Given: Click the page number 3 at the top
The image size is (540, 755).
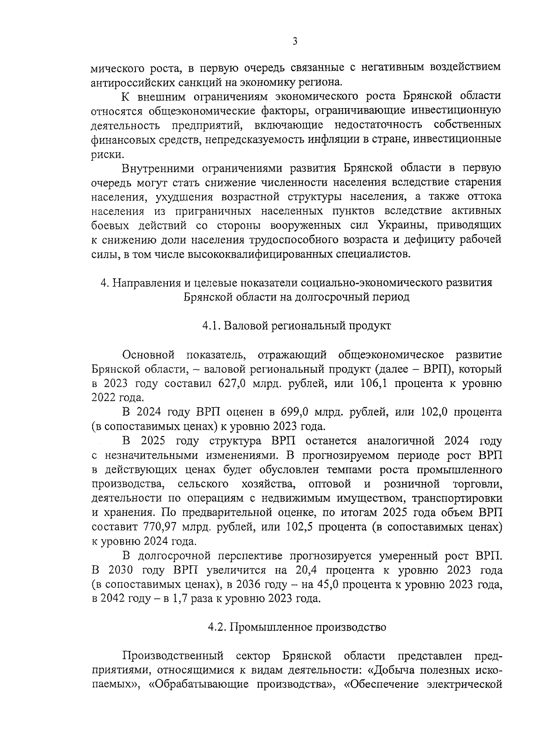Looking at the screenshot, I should [x=295, y=42].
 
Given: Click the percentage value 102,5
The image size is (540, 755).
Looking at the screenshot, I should [x=299, y=527].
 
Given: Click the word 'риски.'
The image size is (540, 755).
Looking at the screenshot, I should [x=107, y=154].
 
